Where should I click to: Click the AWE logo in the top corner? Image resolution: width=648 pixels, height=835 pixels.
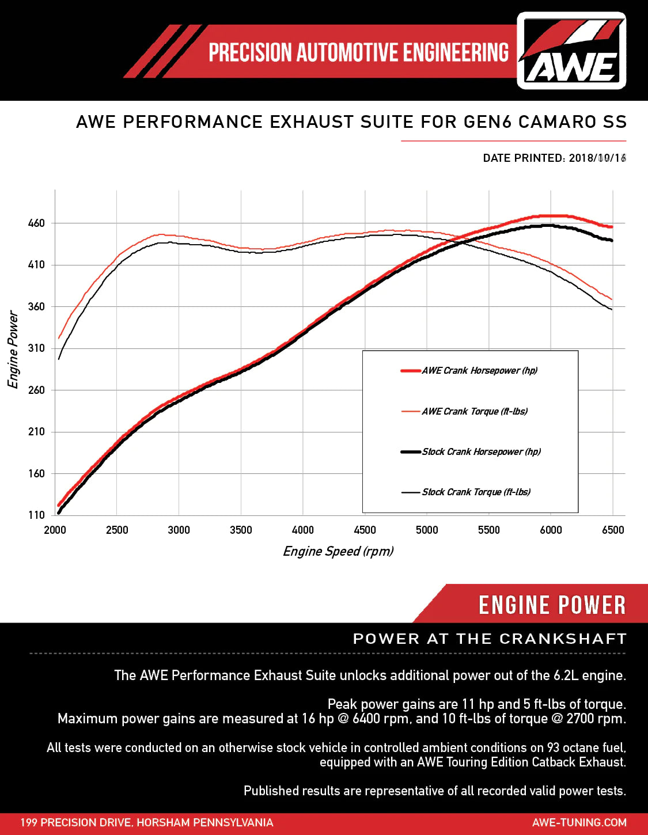click(571, 51)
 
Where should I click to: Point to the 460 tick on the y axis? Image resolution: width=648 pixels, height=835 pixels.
click(36, 223)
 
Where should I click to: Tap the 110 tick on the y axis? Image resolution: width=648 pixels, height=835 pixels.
click(36, 515)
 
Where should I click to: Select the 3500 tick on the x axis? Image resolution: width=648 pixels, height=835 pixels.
click(241, 530)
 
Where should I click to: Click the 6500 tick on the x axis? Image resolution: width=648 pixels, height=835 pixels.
click(613, 530)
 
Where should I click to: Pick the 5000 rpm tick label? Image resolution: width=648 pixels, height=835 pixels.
click(427, 530)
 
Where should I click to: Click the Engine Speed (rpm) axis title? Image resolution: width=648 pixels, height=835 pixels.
click(338, 552)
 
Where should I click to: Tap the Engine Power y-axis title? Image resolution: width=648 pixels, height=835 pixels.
click(13, 350)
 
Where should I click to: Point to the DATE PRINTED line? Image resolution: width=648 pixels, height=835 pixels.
click(554, 158)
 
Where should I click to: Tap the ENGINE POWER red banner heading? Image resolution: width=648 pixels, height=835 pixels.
click(552, 605)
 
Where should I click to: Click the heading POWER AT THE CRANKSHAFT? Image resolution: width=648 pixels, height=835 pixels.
click(490, 639)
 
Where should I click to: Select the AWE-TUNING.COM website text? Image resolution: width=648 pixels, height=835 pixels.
click(579, 823)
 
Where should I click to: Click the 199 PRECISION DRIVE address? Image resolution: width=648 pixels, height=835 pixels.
click(147, 823)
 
